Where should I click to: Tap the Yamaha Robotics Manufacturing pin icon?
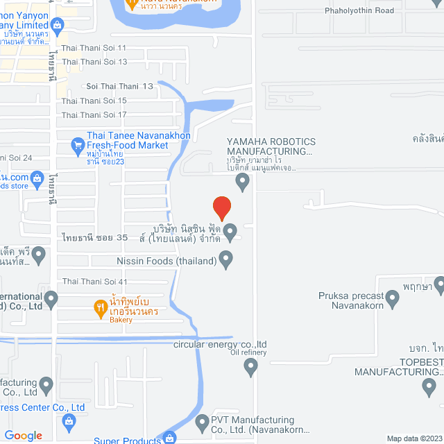click(242, 182)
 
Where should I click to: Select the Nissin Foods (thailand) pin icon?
click(225, 260)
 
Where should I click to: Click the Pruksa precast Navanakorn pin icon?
click(393, 299)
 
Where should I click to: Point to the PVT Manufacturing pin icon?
click(202, 421)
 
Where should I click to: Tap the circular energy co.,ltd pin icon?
click(251, 368)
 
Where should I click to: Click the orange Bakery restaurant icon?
click(100, 305)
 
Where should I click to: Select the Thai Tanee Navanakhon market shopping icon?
click(77, 146)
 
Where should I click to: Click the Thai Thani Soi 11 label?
click(94, 48)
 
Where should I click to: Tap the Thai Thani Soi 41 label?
click(94, 282)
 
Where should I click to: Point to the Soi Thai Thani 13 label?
click(119, 87)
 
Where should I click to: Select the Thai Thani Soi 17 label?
click(94, 114)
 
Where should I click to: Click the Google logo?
click(23, 435)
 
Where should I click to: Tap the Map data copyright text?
click(413, 438)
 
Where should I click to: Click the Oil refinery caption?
click(248, 352)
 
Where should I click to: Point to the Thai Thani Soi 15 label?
click(94, 101)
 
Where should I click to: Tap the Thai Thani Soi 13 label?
click(94, 62)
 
